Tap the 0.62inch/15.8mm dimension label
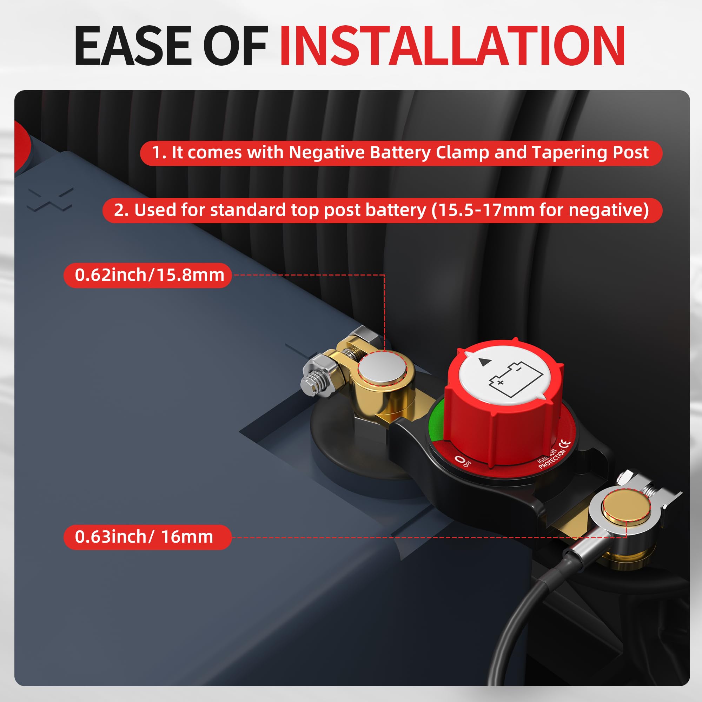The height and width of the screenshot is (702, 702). coord(149,275)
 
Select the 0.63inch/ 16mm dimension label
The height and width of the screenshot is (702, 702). coord(144,537)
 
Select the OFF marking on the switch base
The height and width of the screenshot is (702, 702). coord(464,461)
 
